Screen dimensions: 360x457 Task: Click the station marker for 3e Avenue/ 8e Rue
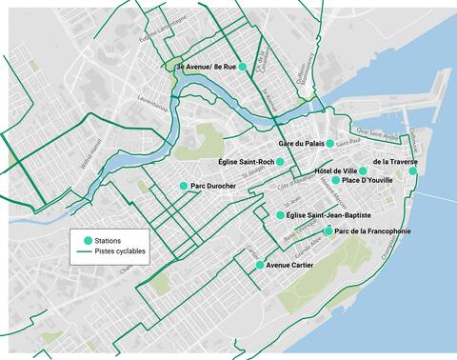tap(244, 66)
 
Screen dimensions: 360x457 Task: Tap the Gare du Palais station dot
tap(329, 143)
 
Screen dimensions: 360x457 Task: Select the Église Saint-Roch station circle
tap(280, 162)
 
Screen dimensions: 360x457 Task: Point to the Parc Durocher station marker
tap(184, 186)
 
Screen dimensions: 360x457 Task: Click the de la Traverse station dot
tap(413, 170)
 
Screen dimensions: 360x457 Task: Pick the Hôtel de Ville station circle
tap(363, 170)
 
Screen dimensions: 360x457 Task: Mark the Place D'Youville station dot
tap(335, 180)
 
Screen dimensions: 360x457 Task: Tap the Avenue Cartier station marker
tap(260, 265)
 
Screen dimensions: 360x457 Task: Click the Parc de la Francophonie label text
tap(373, 231)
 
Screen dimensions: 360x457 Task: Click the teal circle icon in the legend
tap(88, 240)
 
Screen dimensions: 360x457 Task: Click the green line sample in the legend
tap(88, 253)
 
